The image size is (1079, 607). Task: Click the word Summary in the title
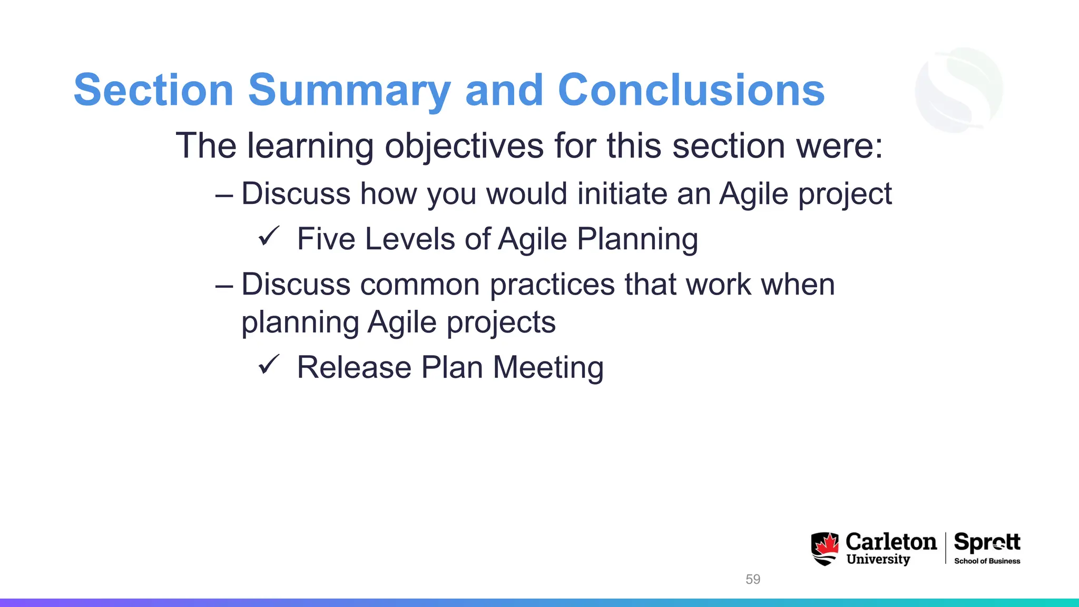point(349,91)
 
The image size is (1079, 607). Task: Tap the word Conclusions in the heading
point(691,91)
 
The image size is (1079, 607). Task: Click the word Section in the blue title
point(153,91)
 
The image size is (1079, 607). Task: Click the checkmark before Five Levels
point(268,237)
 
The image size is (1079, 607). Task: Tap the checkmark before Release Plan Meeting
point(268,365)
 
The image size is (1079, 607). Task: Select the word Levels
point(409,239)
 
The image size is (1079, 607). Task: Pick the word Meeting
point(548,367)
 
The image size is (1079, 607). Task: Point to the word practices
point(552,285)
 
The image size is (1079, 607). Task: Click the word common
point(420,285)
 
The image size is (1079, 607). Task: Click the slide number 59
point(753,579)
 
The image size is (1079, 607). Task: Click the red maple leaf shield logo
point(825,549)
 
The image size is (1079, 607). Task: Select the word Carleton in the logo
point(891,542)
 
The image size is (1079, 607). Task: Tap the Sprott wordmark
point(987,542)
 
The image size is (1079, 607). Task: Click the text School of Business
point(987,561)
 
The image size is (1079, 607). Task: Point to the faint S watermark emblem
point(959,90)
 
